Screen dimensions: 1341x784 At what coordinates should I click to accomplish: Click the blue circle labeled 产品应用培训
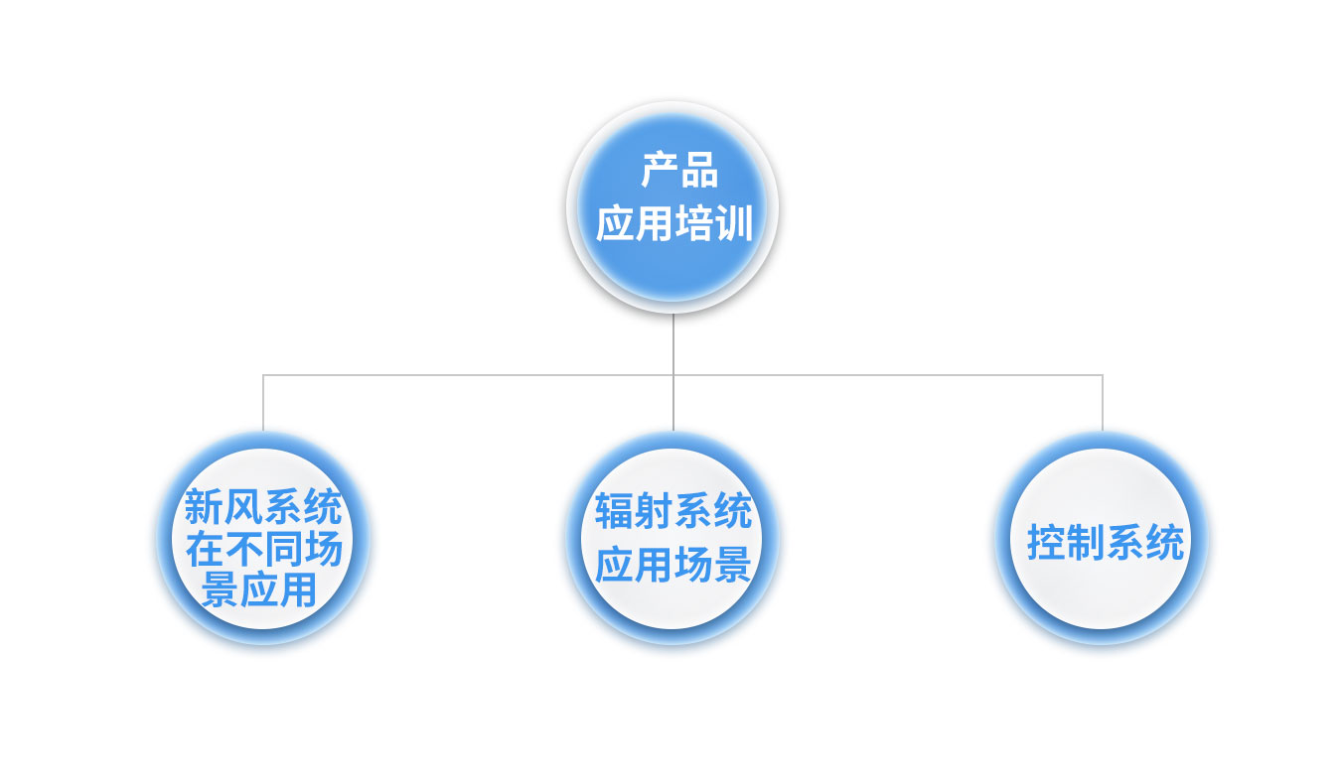tap(672, 206)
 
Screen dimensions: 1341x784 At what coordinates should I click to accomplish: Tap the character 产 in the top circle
tap(660, 170)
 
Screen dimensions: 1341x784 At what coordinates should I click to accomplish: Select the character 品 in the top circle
tap(699, 170)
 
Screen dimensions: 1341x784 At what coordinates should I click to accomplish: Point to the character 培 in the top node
tap(693, 223)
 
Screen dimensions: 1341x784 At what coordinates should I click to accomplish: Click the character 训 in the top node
tap(733, 223)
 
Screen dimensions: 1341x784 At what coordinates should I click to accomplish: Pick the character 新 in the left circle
tap(204, 506)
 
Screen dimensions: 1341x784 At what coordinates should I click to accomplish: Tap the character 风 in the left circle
tap(243, 506)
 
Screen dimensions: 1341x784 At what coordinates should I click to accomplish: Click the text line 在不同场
tap(263, 549)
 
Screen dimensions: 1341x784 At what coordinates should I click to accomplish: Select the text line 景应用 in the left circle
tap(258, 589)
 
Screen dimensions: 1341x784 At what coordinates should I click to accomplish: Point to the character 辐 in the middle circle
tap(614, 511)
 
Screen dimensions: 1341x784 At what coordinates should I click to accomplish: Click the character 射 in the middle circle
tap(654, 511)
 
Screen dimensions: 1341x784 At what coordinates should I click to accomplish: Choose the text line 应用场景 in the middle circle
tap(672, 564)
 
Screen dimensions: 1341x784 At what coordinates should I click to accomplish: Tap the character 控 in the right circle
tap(1046, 543)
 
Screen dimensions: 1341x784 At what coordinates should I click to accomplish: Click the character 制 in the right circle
tap(1086, 543)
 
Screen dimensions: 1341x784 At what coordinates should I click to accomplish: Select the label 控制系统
tap(1106, 543)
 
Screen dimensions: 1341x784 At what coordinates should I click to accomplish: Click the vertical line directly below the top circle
tap(672, 372)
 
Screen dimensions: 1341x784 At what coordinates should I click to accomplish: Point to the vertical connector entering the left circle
tap(263, 403)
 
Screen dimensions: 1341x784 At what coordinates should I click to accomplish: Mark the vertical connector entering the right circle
tap(1103, 403)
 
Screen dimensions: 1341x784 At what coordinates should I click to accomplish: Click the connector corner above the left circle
tap(263, 375)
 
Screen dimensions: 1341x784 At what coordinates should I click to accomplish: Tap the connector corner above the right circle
tap(1103, 375)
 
